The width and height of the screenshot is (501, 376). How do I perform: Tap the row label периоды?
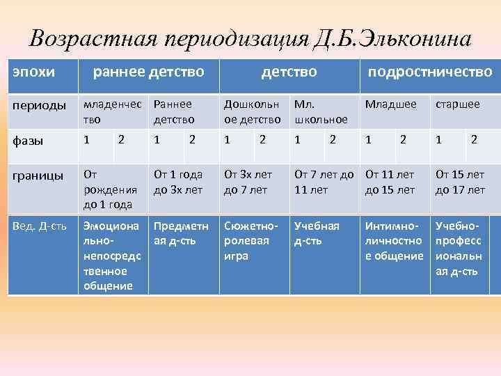[x=34, y=105]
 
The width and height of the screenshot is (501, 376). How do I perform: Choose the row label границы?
[x=34, y=173]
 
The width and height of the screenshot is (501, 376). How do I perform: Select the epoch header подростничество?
[x=429, y=72]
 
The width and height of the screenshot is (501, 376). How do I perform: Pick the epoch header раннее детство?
[x=148, y=72]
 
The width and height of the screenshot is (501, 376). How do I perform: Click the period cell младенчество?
[x=111, y=111]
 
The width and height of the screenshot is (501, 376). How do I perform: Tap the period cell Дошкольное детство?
[x=251, y=111]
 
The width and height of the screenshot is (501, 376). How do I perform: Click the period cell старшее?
[x=457, y=104]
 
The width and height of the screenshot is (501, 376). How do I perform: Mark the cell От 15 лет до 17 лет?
[x=460, y=181]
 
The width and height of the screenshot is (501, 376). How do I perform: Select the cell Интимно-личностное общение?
[x=394, y=240]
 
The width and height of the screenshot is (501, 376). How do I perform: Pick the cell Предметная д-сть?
[x=180, y=233]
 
